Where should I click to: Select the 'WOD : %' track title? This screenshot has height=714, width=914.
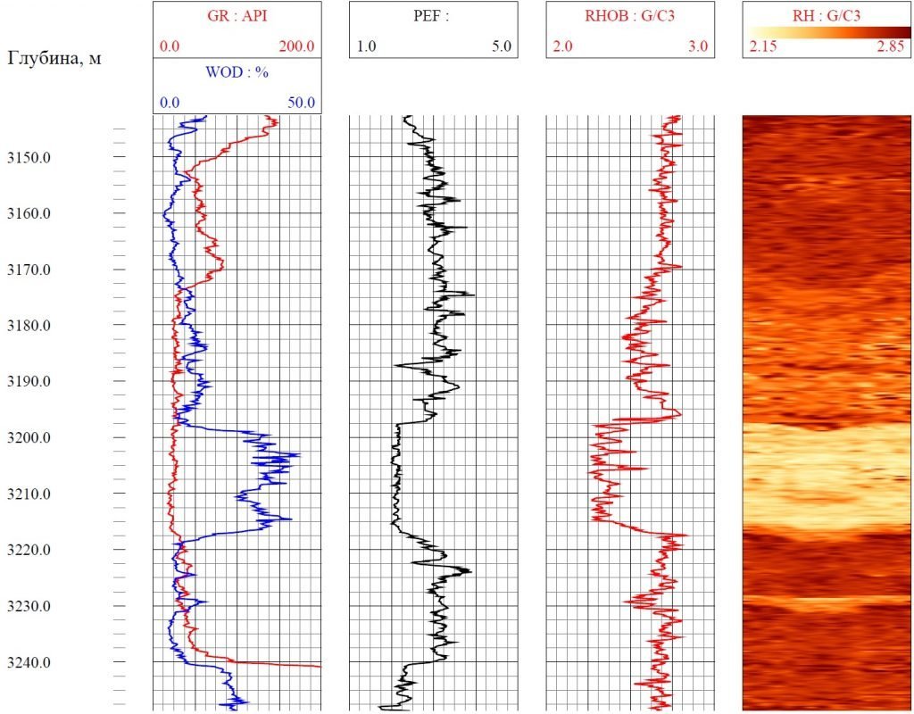point(237,71)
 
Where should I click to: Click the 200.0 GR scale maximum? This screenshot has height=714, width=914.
point(296,46)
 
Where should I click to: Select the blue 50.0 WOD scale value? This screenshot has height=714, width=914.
point(301,103)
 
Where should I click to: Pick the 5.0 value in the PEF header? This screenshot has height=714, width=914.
point(501,46)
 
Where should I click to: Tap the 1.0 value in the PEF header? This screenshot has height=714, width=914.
point(366,46)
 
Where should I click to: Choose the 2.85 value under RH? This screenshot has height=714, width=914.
point(890,47)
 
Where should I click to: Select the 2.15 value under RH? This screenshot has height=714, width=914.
point(764,47)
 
